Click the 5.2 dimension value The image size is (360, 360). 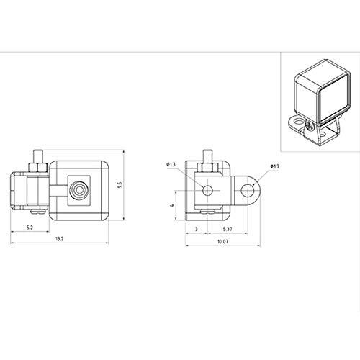[x=30, y=228]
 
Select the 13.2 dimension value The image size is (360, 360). [x=59, y=239]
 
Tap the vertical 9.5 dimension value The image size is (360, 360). [x=120, y=185]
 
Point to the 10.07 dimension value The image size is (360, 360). [x=222, y=241]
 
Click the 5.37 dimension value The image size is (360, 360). [x=228, y=229]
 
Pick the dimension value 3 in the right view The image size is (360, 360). [x=197, y=229]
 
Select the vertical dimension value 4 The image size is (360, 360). [x=172, y=205]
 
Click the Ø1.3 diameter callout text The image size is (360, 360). [x=171, y=164]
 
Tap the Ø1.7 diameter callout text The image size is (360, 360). [x=274, y=166]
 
